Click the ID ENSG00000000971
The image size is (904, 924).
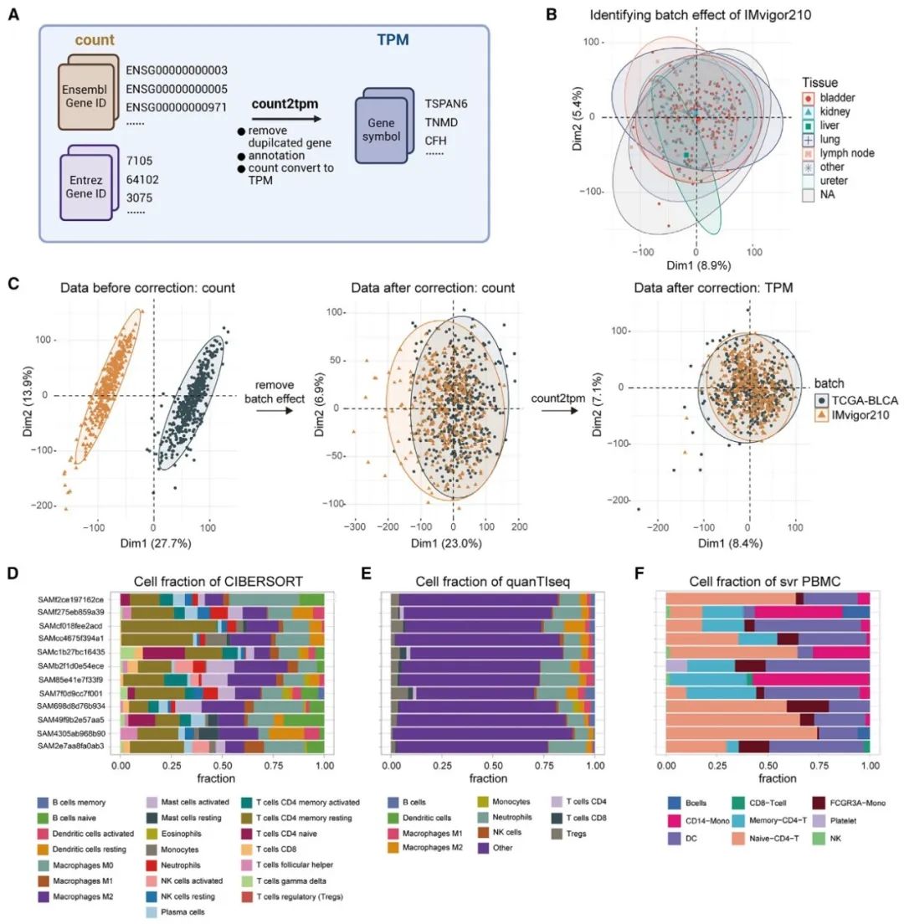pos(177,108)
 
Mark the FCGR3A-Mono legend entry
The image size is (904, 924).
pos(851,802)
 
